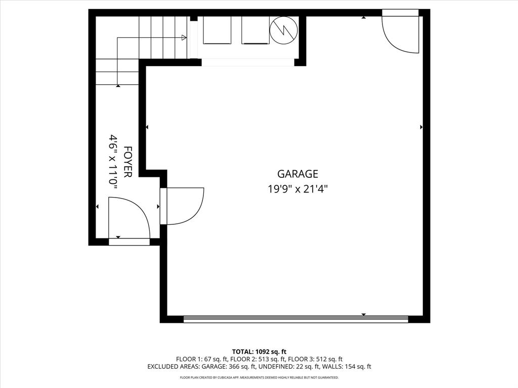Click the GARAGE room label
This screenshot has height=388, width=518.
[x=297, y=174]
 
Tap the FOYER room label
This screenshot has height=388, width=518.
[x=128, y=162]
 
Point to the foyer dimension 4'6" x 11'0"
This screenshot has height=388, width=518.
[x=114, y=162]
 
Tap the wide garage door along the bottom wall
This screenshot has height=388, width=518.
[x=295, y=319]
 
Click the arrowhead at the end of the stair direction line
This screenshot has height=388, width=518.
[x=184, y=37]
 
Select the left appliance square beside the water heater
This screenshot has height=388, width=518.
[x=217, y=30]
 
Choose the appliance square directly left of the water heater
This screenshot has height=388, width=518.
[x=255, y=30]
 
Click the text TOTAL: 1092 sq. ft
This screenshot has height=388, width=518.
[x=259, y=351]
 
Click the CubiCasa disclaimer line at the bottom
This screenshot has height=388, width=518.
[x=259, y=377]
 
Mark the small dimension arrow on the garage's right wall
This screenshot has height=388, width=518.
[x=421, y=127]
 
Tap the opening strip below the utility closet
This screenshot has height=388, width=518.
[x=248, y=63]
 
